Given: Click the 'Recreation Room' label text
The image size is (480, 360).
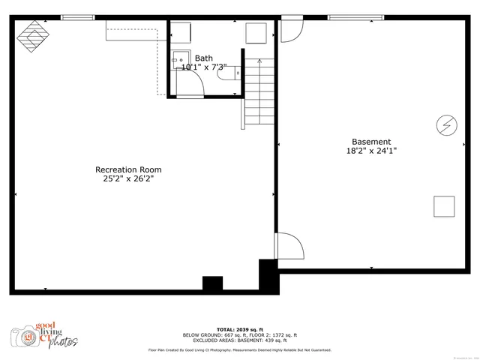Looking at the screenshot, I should [x=127, y=169].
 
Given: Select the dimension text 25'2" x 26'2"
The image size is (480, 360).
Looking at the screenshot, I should [x=127, y=179].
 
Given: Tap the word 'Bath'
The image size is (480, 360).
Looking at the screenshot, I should [x=203, y=58].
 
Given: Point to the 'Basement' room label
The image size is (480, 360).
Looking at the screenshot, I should [x=371, y=142].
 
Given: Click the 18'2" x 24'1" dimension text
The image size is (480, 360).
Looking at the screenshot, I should [x=371, y=151].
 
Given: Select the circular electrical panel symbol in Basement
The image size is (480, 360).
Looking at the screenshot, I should [x=446, y=124].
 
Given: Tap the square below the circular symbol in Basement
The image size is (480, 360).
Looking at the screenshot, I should [x=444, y=206].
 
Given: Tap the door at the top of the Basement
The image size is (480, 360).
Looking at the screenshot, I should [x=290, y=30].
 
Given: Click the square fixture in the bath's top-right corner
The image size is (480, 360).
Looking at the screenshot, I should [x=257, y=34].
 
